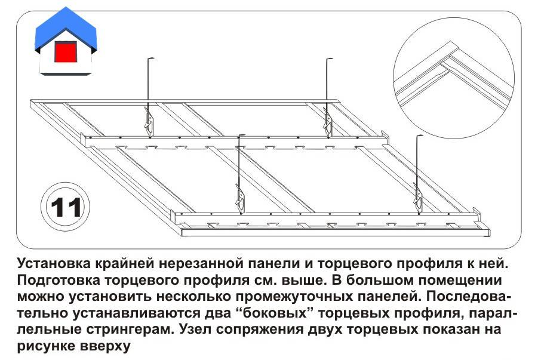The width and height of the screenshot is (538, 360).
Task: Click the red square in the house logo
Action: tap(66, 52)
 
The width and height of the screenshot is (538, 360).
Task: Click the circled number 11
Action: tap(66, 207)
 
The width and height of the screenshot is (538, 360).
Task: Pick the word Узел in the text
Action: tap(194, 330)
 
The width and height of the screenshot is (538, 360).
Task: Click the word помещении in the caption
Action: tap(461, 280)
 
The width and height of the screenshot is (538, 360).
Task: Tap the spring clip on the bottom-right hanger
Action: tap(417, 198)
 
